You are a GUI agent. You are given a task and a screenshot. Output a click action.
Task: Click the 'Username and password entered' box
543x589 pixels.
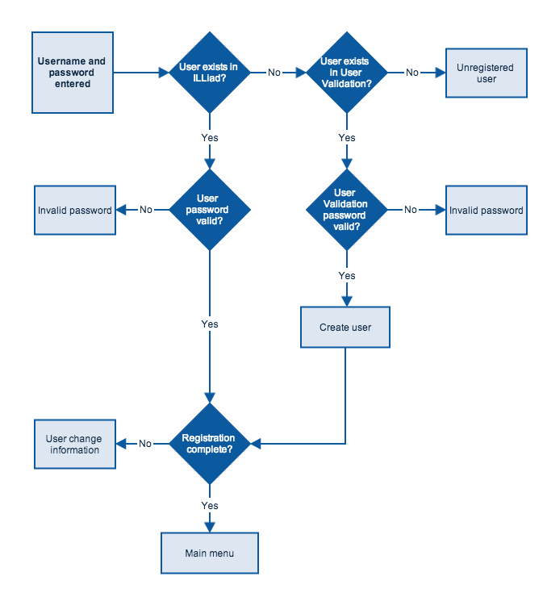[73, 73]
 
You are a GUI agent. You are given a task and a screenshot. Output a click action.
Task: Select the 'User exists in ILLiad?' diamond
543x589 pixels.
[210, 73]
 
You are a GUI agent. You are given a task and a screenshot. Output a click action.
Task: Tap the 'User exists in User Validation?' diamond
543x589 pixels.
[346, 73]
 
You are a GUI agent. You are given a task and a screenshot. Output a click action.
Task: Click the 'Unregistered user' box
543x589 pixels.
[487, 73]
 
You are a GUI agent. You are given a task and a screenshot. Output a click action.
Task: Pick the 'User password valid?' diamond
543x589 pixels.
[210, 210]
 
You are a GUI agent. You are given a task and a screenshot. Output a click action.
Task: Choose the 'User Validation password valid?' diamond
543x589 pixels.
[346, 210]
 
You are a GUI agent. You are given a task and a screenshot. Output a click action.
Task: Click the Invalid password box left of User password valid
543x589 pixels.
[75, 211]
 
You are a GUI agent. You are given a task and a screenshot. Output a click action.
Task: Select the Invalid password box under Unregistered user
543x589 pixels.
[487, 211]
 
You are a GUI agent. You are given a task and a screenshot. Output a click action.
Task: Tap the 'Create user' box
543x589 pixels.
[345, 328]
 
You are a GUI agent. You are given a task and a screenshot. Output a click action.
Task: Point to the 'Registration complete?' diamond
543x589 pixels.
[210, 444]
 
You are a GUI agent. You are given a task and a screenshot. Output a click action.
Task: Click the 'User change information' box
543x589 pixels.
[75, 445]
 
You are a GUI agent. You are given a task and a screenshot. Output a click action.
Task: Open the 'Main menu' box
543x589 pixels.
[210, 553]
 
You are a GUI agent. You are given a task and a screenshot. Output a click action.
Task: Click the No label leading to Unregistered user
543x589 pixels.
[412, 73]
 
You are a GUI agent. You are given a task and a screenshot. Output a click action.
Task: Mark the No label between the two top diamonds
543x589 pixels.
[274, 73]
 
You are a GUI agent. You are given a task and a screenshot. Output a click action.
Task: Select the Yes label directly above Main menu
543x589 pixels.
[210, 506]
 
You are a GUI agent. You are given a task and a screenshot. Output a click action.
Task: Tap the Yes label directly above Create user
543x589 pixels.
[346, 276]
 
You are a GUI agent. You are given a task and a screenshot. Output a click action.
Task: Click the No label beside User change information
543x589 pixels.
[145, 444]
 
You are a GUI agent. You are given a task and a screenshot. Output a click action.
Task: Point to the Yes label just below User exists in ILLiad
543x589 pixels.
[210, 138]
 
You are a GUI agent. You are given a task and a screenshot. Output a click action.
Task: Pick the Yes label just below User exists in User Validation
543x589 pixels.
[346, 138]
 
